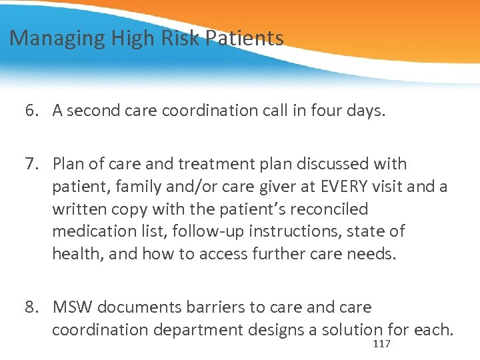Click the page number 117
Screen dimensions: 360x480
[x=382, y=343]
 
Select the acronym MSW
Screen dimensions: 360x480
[x=72, y=307]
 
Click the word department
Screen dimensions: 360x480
[x=213, y=330]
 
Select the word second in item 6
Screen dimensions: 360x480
[x=90, y=111]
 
